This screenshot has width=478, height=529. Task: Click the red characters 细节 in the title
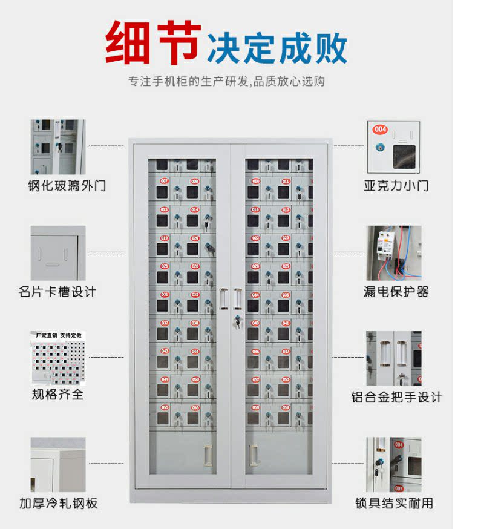(x=153, y=43)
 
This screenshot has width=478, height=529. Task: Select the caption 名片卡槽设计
(x=57, y=292)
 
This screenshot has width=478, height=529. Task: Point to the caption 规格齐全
(x=58, y=395)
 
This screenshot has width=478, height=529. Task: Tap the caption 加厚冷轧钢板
(x=58, y=503)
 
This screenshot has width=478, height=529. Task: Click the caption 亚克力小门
(x=396, y=185)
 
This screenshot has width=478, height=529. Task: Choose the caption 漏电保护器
(x=396, y=292)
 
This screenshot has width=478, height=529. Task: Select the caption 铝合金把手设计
(x=396, y=397)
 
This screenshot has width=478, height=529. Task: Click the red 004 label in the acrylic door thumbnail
(x=380, y=129)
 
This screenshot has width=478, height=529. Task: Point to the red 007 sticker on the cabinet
(x=164, y=181)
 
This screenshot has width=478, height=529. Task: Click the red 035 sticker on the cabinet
(x=284, y=295)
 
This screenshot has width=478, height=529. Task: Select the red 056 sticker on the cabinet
(x=195, y=407)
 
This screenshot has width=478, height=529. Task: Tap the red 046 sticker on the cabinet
(x=256, y=351)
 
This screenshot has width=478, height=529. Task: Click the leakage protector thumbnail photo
(x=393, y=252)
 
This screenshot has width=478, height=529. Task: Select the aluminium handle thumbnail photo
(x=393, y=358)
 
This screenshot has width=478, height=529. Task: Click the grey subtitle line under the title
(x=226, y=81)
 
